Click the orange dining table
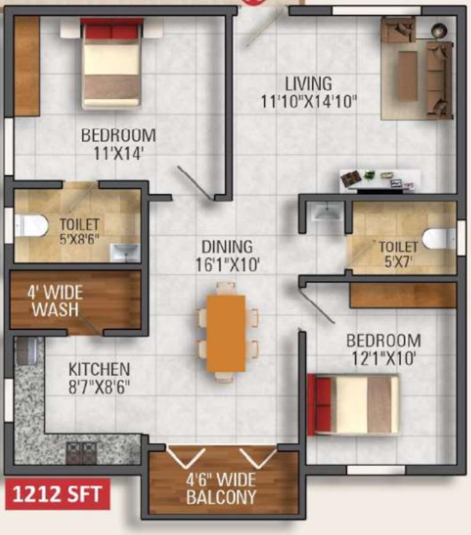226,333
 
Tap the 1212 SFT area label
57,494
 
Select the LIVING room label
308,84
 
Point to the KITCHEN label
99,370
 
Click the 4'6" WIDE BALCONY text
221,488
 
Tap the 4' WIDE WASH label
55,301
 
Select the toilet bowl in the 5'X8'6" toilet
31,226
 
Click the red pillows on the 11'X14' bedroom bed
112,31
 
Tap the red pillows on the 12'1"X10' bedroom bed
320,404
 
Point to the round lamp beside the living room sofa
438,31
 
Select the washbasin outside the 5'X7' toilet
327,212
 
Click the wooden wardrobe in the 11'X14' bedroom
27,66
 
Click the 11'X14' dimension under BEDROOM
117,154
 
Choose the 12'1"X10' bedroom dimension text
383,359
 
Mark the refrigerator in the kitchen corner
26,350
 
